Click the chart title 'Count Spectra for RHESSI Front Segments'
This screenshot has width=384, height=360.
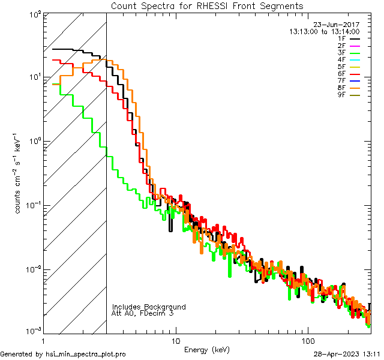pos(207,5)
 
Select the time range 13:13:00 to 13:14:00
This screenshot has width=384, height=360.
pos(324,31)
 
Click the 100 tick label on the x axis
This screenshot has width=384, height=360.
pos(308,340)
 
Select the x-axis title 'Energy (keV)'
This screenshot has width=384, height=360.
pos(207,349)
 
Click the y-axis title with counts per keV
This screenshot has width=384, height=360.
pos(19,173)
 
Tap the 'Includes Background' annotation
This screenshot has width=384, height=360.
pos(149,307)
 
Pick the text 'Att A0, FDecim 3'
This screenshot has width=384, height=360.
pos(143,313)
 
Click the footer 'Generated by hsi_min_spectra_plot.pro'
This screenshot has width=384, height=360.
pos(63,354)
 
